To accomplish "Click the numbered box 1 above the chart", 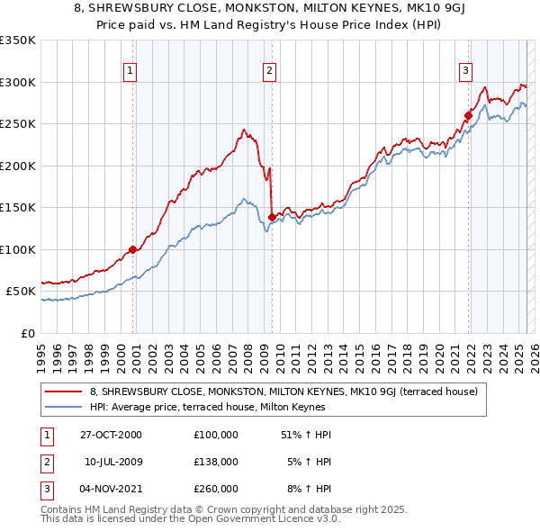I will pyautogui.click(x=130, y=70).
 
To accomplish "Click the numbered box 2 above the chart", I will pyautogui.click(x=270, y=70).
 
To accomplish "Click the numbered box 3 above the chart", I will pyautogui.click(x=465, y=70).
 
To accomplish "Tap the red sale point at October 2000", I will pyautogui.click(x=132, y=249).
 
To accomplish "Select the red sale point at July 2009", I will pyautogui.click(x=272, y=217).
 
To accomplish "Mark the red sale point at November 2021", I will pyautogui.click(x=468, y=115).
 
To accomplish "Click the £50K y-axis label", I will pyautogui.click(x=21, y=292).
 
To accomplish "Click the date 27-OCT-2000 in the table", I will pyautogui.click(x=112, y=435).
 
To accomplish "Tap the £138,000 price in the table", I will pyautogui.click(x=216, y=462).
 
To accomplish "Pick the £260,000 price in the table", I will pyautogui.click(x=216, y=489).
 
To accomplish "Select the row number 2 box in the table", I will pyautogui.click(x=45, y=462).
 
